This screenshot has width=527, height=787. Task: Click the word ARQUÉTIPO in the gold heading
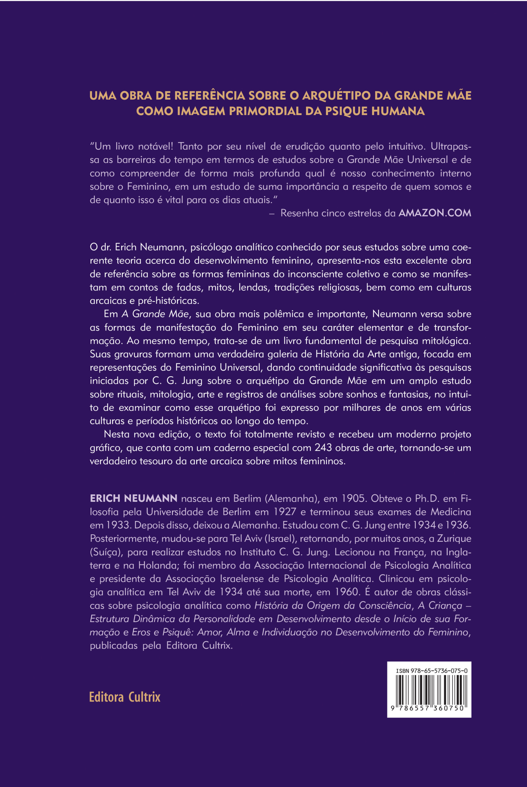(337, 96)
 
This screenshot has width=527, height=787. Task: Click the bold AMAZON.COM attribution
(435, 213)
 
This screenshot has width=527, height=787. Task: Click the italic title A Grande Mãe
(155, 314)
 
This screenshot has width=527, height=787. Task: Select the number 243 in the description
(323, 448)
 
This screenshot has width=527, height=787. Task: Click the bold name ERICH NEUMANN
(133, 498)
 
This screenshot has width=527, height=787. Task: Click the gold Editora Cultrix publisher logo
(125, 697)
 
